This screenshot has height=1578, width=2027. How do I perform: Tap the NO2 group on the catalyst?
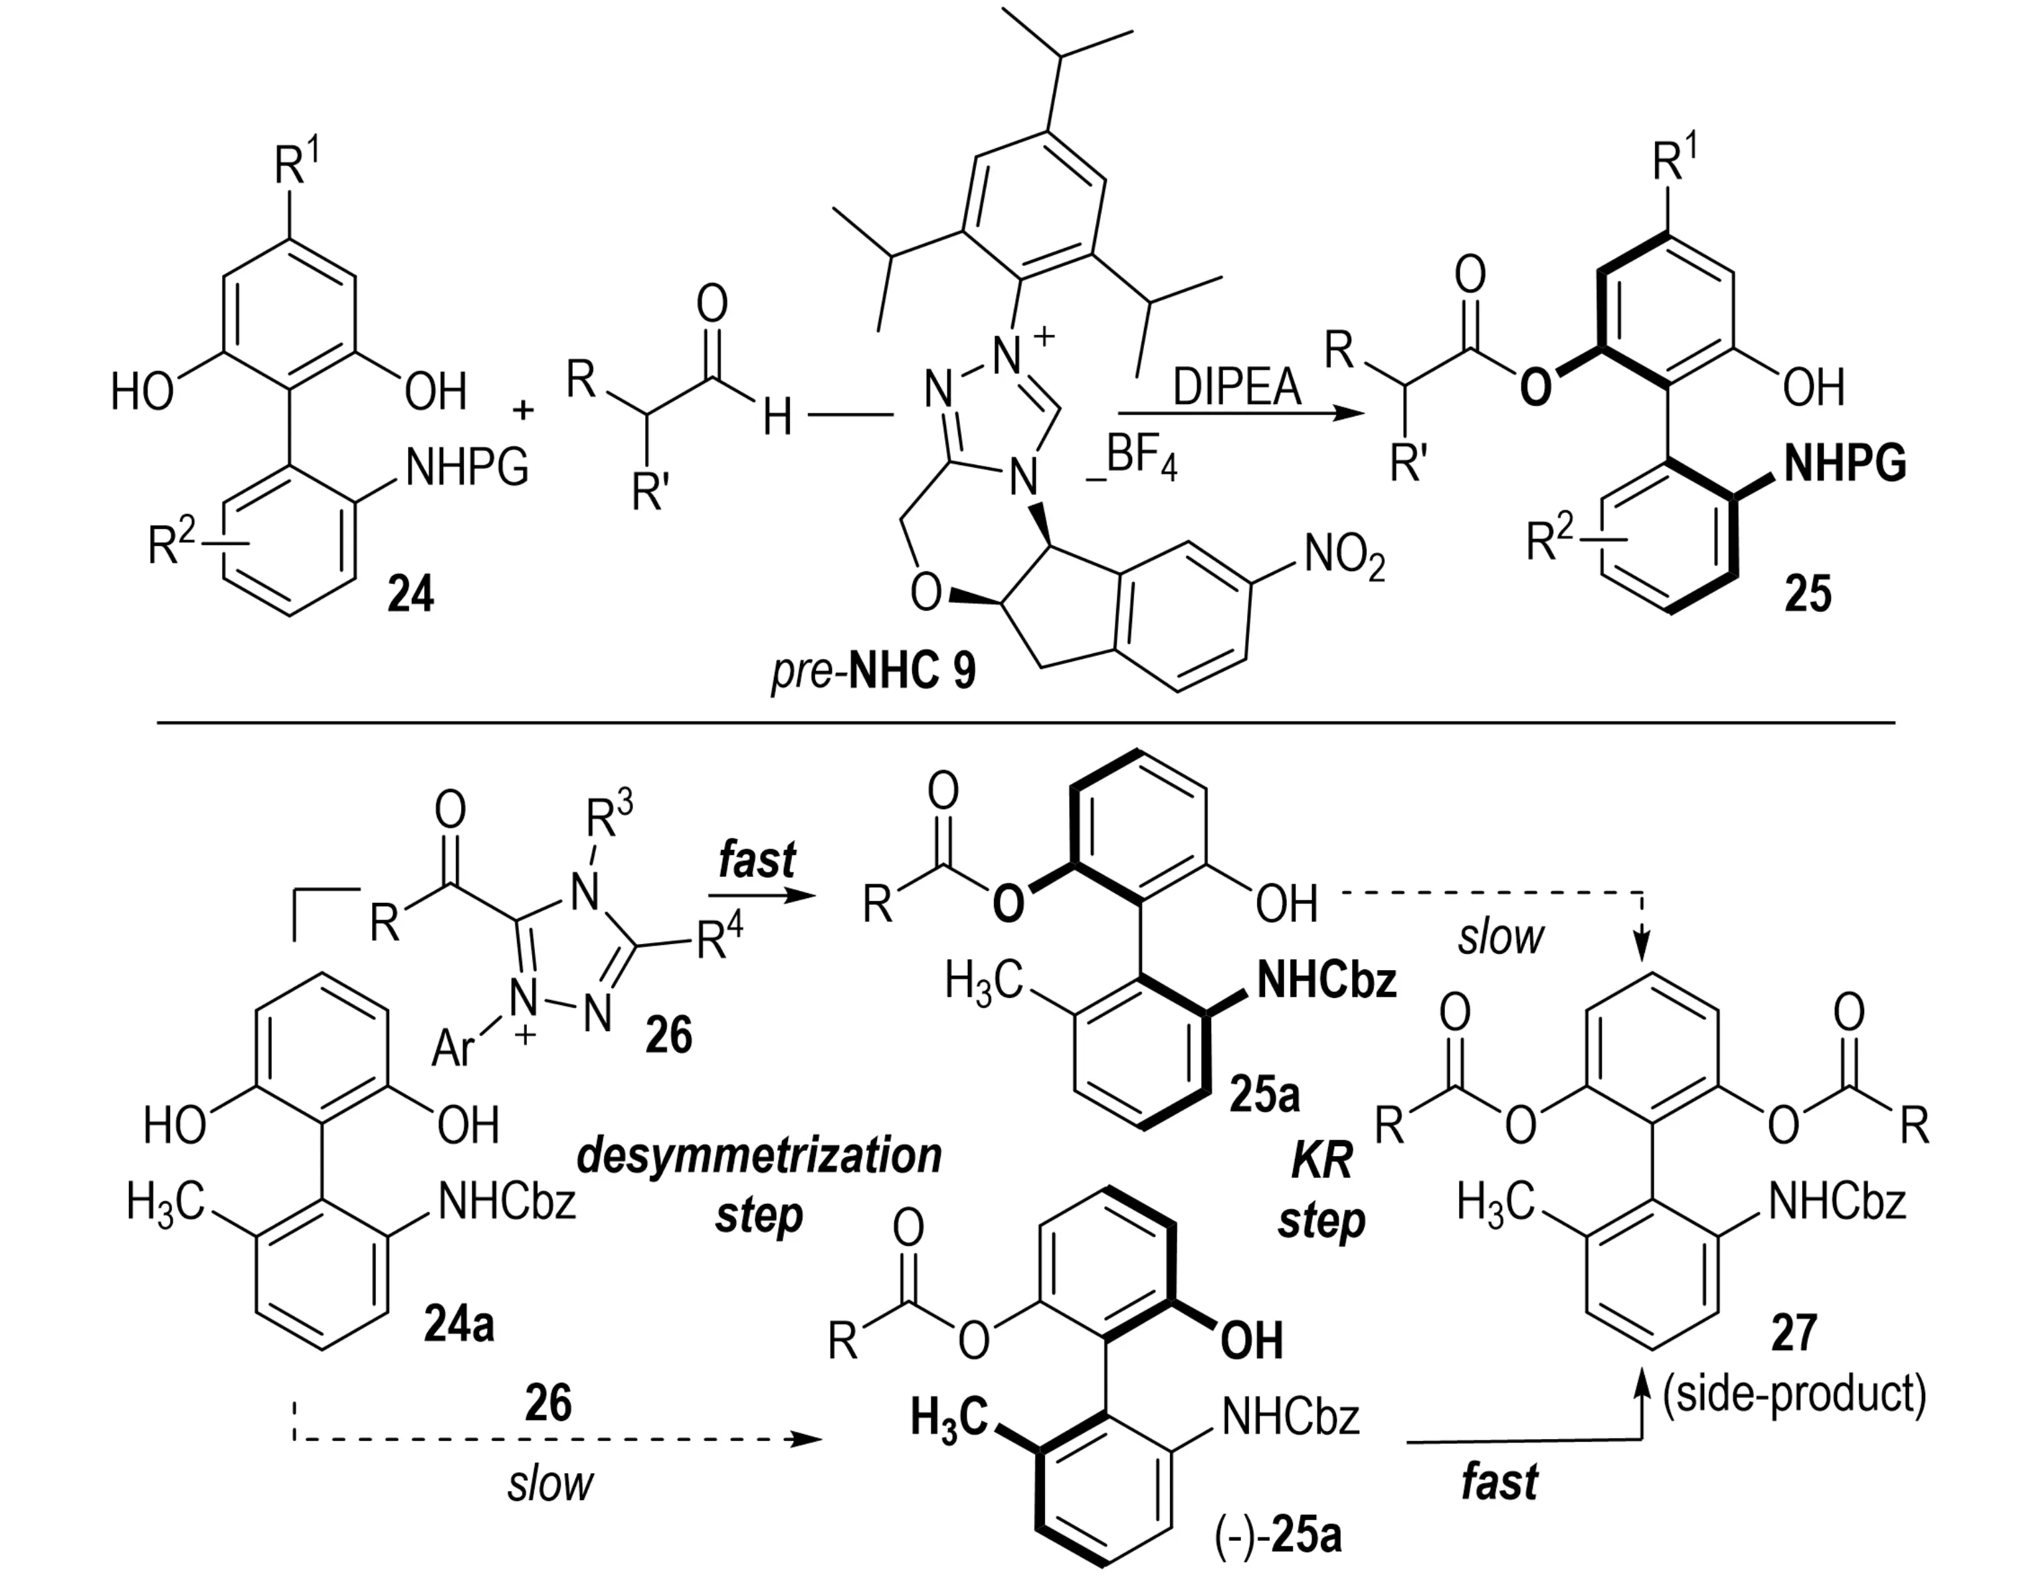[x=1344, y=558]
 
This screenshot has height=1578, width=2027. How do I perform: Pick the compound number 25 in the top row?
[x=1808, y=594]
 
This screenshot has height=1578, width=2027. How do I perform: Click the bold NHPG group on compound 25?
[x=1845, y=463]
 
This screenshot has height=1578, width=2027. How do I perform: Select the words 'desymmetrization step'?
[x=759, y=1185]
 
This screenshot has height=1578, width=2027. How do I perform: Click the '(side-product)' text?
[x=1794, y=1393]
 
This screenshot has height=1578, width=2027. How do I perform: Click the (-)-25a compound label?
[x=1278, y=1536]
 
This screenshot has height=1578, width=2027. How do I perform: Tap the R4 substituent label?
[x=720, y=939]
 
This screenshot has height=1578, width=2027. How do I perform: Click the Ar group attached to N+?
[x=453, y=1050]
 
